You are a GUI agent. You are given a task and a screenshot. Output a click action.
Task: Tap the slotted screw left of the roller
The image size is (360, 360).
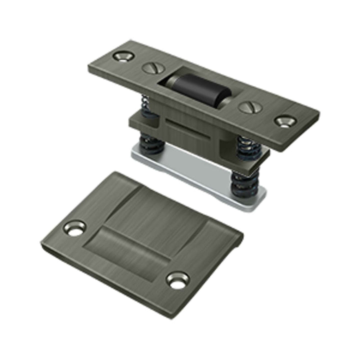[150, 68]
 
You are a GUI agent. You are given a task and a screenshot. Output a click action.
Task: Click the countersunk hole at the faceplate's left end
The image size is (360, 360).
[120, 56]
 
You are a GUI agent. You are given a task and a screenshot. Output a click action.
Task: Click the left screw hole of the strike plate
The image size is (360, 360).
[75, 228]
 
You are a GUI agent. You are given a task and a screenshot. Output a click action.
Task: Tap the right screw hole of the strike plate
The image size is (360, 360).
[177, 280]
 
